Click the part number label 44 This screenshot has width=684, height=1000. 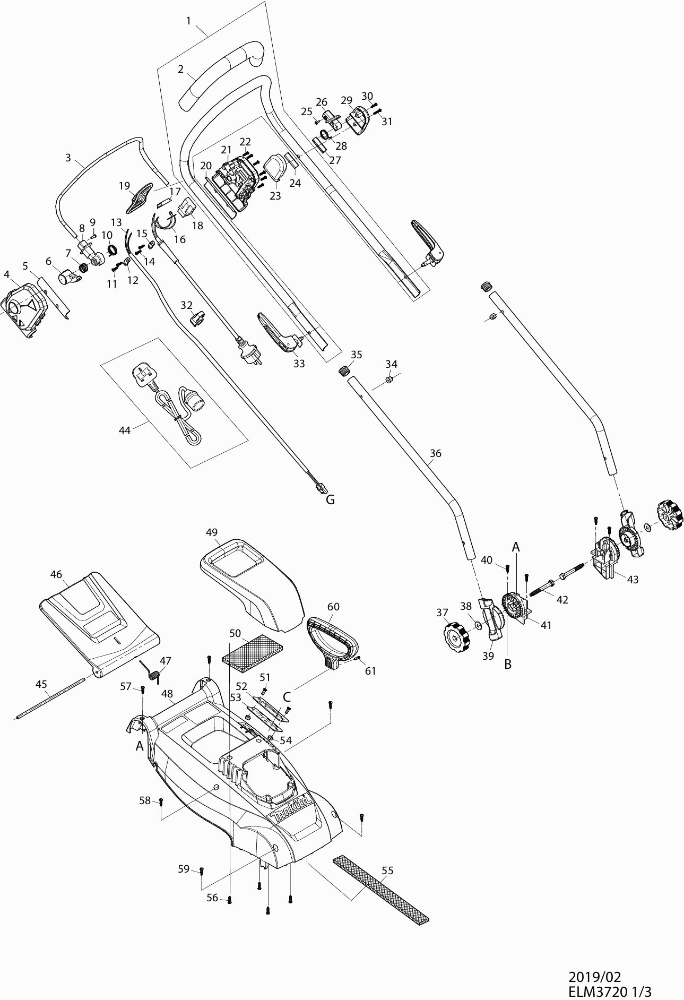[124, 430]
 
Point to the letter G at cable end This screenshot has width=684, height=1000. [330, 499]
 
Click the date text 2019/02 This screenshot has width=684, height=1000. [594, 977]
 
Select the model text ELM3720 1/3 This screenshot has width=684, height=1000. [609, 992]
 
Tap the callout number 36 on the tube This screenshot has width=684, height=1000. [435, 453]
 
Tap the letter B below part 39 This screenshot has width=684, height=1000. [508, 664]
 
